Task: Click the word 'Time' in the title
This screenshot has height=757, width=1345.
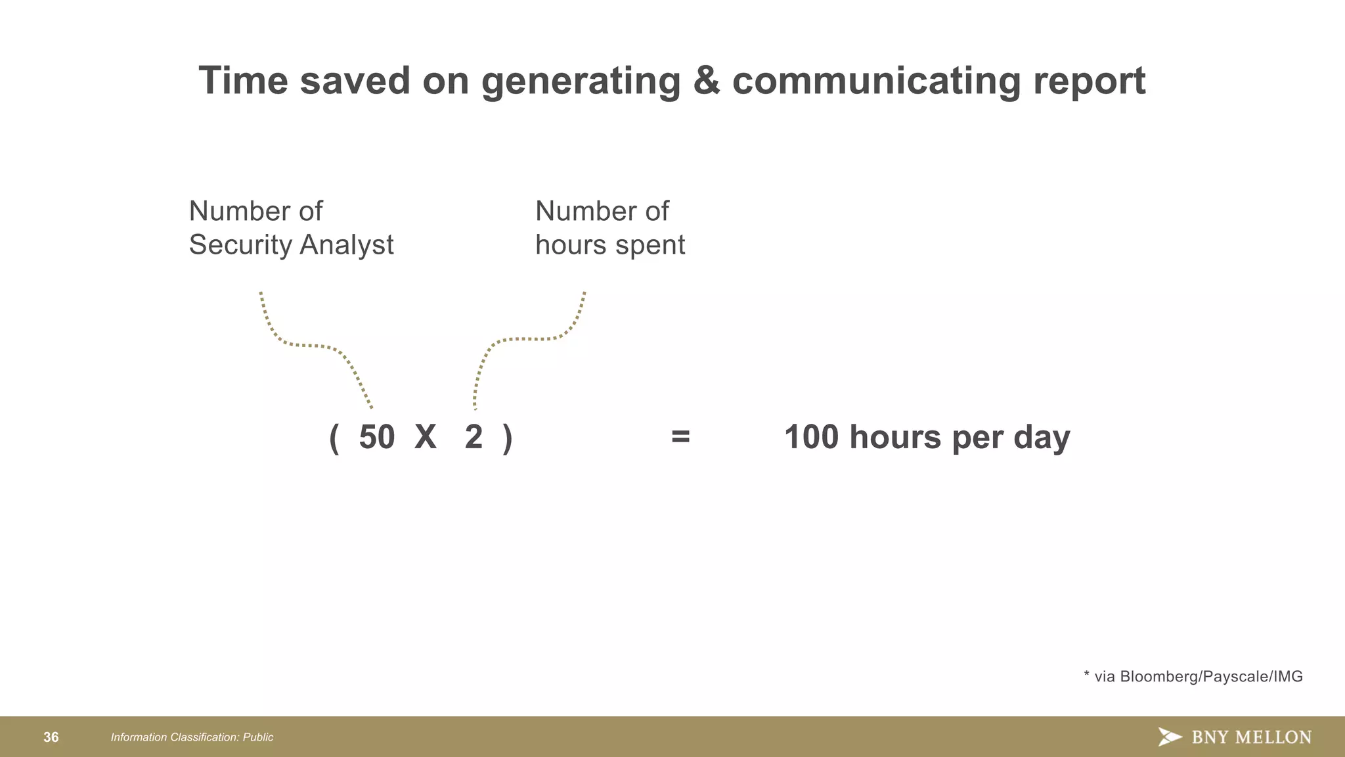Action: point(243,81)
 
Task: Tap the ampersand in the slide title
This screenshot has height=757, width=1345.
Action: point(706,81)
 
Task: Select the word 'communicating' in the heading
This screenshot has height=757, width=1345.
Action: point(876,82)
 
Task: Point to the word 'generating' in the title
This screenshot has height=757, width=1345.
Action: point(581,82)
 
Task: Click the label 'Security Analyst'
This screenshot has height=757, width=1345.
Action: point(291,245)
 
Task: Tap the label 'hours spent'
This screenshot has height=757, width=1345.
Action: point(609,245)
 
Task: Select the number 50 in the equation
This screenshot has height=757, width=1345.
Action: point(376,437)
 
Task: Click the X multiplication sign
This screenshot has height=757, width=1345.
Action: point(426,437)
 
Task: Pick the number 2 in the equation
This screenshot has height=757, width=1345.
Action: point(474,437)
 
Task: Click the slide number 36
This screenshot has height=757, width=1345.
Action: point(51,737)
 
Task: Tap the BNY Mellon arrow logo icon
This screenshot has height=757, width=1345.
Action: point(1170,737)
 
